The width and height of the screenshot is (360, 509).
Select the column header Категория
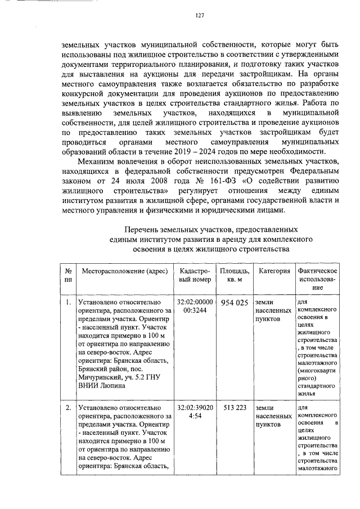click(274, 271)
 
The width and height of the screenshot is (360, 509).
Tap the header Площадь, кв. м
click(235, 275)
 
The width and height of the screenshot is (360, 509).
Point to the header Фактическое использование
click(317, 279)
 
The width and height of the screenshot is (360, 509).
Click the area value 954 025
click(235, 303)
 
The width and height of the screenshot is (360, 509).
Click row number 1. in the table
click(68, 303)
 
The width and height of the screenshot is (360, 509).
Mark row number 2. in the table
click(68, 408)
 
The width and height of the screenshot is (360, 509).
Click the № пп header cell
click(68, 275)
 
